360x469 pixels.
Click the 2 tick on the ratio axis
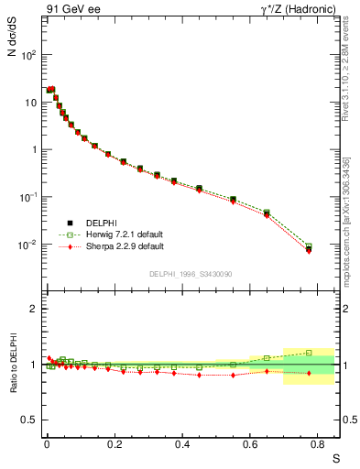tap(33, 309)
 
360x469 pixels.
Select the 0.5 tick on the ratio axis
tap(30, 420)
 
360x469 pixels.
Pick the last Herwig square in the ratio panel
tap(309, 353)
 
